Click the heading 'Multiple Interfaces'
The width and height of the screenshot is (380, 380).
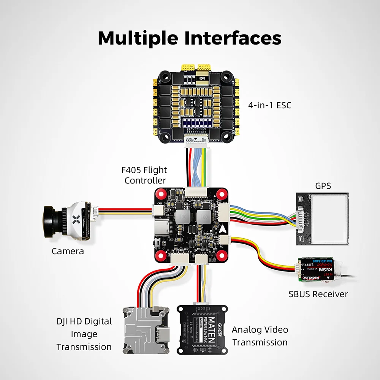190,38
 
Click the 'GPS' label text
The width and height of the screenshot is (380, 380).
323,186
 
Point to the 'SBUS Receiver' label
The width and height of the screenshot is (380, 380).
318,294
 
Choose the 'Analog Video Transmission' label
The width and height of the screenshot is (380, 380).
260,336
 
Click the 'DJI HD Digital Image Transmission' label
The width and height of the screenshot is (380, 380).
84,334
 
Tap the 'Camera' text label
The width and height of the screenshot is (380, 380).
68,251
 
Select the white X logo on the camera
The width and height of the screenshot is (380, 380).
76,219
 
